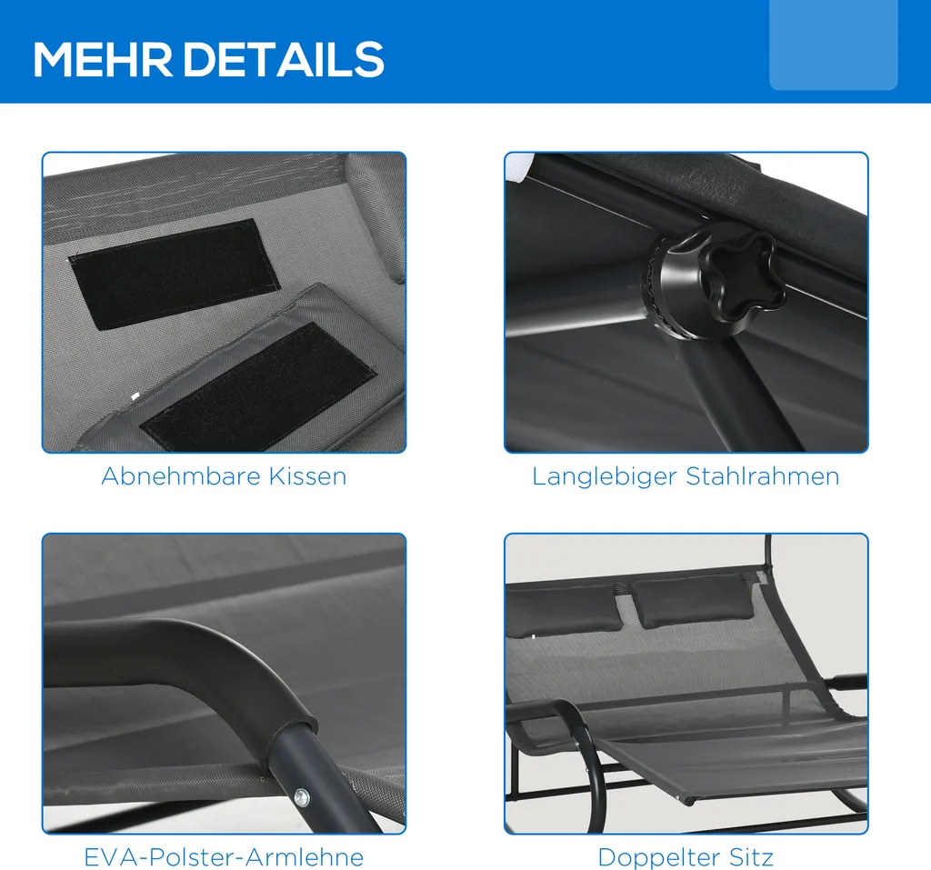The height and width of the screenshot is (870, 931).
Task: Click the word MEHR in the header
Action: (103, 59)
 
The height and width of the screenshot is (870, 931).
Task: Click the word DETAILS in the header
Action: (284, 59)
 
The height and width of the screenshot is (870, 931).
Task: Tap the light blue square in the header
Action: (833, 45)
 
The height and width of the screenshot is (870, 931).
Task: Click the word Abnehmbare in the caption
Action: (182, 476)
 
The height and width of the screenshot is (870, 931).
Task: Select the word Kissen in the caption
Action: (308, 476)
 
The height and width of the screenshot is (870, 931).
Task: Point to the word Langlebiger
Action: (605, 477)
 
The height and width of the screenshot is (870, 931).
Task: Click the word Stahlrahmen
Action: (763, 476)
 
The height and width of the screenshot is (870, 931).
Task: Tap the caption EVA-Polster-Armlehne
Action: (224, 857)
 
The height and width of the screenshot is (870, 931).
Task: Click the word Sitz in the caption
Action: (751, 857)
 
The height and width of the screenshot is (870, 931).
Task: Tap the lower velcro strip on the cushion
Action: (258, 387)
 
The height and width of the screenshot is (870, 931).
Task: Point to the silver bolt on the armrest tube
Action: (301, 795)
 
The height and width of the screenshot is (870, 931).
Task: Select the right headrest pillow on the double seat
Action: (692, 600)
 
